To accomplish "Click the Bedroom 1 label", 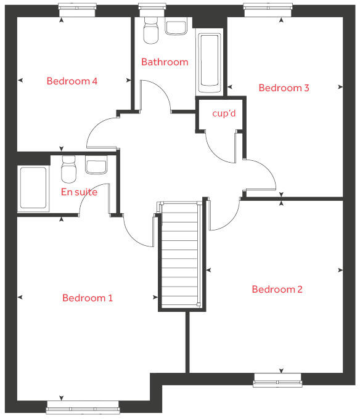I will [88, 298].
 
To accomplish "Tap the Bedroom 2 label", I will [277, 290].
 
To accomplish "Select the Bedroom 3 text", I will [284, 88].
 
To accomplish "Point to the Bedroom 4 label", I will [72, 81].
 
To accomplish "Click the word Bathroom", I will [165, 62].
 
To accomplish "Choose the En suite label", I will [79, 192].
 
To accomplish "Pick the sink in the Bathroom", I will [177, 27].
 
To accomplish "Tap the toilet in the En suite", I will [69, 169].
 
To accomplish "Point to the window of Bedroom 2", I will [277, 380].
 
